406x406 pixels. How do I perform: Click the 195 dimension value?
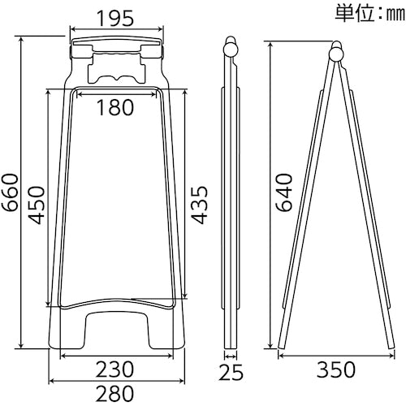pyautogui.click(x=115, y=19)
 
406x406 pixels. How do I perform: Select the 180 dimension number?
pyautogui.click(x=115, y=107)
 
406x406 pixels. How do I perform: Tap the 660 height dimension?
pyautogui.click(x=11, y=192)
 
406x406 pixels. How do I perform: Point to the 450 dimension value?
pyautogui.click(x=37, y=205)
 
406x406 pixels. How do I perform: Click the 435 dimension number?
pyautogui.click(x=199, y=205)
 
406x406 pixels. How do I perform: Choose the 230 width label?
pyautogui.click(x=114, y=369)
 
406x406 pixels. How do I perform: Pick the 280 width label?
pyautogui.click(x=114, y=393)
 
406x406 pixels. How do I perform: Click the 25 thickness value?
pyautogui.click(x=231, y=372)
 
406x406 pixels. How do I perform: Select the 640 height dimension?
pyautogui.click(x=284, y=192)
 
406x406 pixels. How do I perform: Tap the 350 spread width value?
pyautogui.click(x=336, y=369)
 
